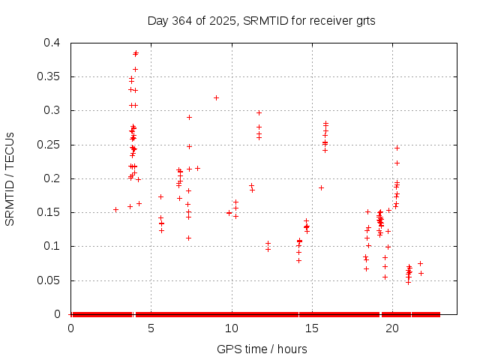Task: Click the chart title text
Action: [x=261, y=21]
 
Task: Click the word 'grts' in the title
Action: [x=364, y=21]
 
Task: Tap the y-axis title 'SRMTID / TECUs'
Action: [x=10, y=178]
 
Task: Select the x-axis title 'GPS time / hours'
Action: [x=262, y=349]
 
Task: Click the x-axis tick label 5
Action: [x=151, y=328]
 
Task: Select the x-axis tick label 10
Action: [x=232, y=328]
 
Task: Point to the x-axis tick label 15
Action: [x=312, y=328]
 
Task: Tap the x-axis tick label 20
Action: [x=392, y=328]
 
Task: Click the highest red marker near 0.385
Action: [x=136, y=52]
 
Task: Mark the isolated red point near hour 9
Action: [x=216, y=97]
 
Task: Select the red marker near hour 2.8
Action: [x=115, y=209]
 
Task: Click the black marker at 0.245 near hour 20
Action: [x=397, y=148]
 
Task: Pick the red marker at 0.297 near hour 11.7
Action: [x=259, y=112]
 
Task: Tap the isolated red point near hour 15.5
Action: [x=321, y=187]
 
